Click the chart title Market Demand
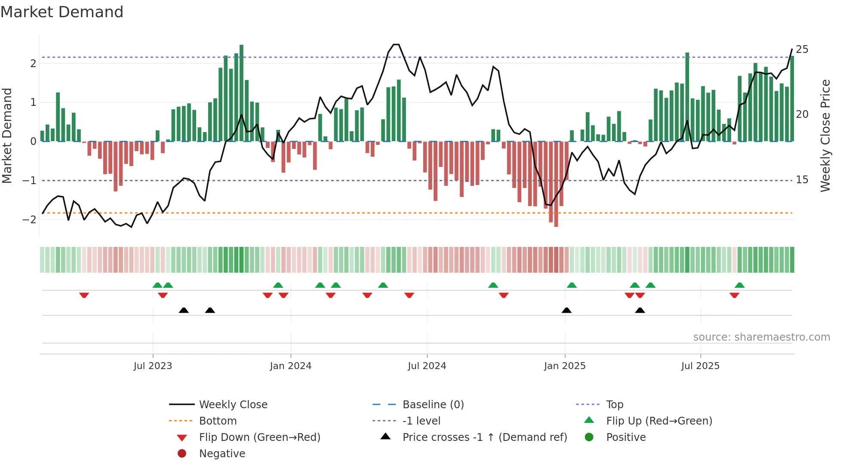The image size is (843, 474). tap(62, 12)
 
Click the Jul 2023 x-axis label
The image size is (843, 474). tap(153, 366)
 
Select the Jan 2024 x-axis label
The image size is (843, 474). tap(290, 366)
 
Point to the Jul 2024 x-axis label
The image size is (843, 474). tap(427, 366)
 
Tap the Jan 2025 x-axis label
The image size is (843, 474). tap(564, 366)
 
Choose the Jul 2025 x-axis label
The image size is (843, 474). tap(700, 366)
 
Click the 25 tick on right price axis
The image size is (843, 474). tap(802, 49)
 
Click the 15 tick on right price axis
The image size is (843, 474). tap(802, 180)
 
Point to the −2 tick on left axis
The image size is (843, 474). tap(29, 220)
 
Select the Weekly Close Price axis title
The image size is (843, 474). tap(825, 135)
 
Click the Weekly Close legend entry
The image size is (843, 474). tap(233, 405)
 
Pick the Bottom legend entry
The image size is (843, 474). tap(218, 421)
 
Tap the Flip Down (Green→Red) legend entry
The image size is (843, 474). tap(259, 437)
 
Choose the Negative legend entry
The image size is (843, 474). tap(222, 454)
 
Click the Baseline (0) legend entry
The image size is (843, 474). tap(433, 405)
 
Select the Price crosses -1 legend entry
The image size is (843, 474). tap(484, 437)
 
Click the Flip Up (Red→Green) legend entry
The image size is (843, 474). tap(659, 421)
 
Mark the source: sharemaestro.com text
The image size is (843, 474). tap(761, 337)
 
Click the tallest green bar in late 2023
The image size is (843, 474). tap(241, 92)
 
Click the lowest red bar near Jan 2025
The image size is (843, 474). tap(556, 185)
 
